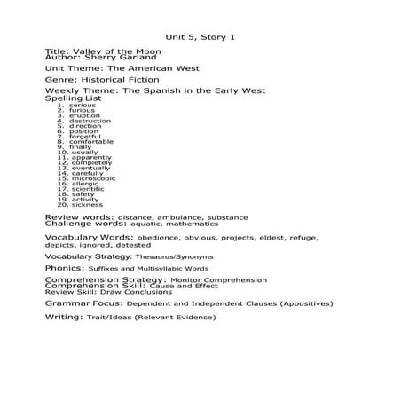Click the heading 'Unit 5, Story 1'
click(x=200, y=36)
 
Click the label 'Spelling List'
click(x=73, y=98)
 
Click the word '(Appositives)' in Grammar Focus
click(x=302, y=303)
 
